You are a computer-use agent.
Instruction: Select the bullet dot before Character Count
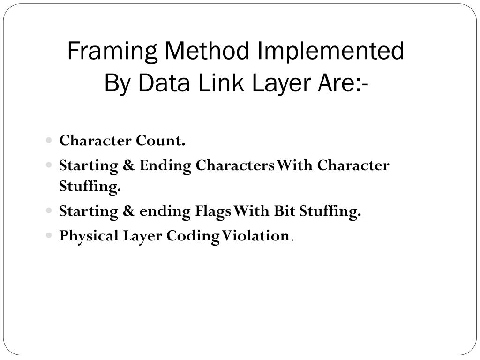point(50,141)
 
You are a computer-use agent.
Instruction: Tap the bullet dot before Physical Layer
point(50,236)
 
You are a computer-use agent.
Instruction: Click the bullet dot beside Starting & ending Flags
point(50,211)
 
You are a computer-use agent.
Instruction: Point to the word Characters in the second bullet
point(235,165)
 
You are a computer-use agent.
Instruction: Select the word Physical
point(89,236)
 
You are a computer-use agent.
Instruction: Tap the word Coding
point(193,236)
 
